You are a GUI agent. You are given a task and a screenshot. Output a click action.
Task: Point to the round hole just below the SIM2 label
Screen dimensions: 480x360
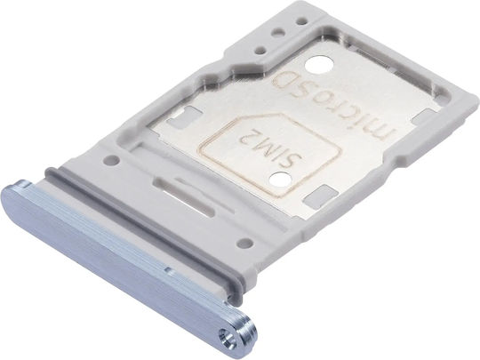(280, 180)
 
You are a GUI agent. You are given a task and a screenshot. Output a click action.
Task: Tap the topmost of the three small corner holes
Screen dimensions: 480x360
(302, 21)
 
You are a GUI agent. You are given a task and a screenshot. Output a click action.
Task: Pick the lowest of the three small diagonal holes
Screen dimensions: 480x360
(260, 49)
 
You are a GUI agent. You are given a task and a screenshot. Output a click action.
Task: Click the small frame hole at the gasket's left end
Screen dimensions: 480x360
(112, 159)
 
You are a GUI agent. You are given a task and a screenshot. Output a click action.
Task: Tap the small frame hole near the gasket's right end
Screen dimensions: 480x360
(245, 244)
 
